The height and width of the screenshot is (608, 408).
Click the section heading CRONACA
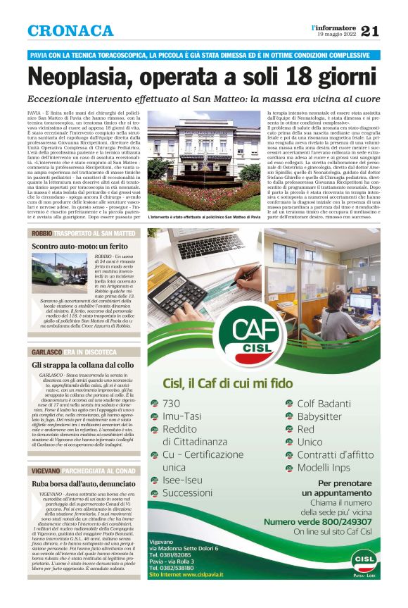pos(70,31)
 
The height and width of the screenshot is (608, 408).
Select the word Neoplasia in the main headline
pos(91,76)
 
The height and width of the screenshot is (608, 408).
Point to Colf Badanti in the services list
pos(324,404)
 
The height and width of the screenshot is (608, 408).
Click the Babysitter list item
pos(319,416)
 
